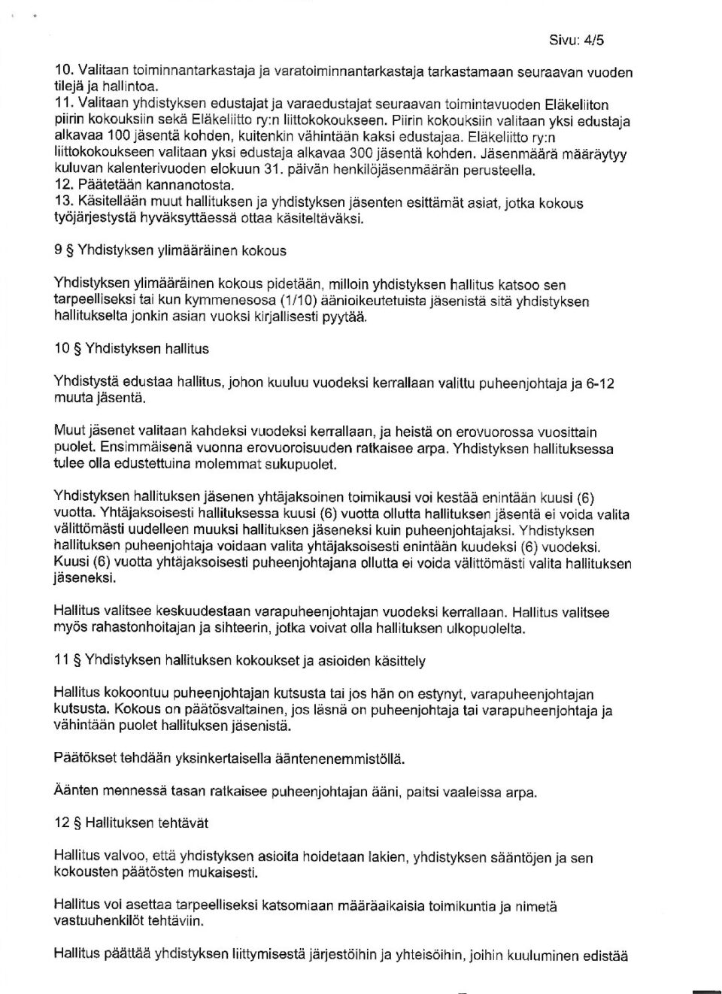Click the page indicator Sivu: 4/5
[577, 41]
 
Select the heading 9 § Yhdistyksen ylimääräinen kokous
[170, 250]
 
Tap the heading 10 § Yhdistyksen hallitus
[132, 349]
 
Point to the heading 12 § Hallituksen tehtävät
[131, 823]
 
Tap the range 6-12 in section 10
[600, 383]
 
